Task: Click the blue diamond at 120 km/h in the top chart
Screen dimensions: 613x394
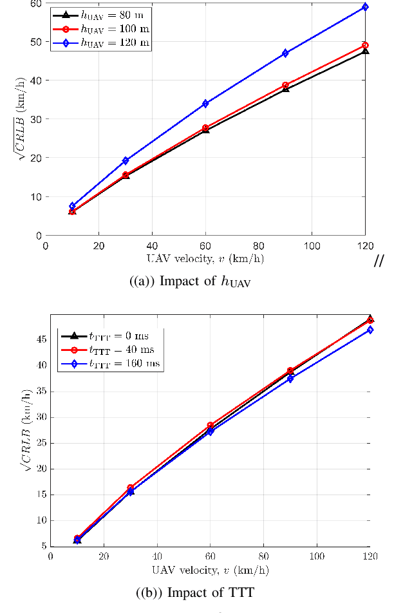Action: [x=365, y=7]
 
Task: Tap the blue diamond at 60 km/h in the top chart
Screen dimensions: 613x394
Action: [x=205, y=104]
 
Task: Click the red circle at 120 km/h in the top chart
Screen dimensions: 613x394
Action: [x=365, y=46]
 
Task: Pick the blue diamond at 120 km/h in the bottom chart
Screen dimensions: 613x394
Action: [x=370, y=330]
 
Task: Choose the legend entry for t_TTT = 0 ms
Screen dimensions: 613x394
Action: [x=111, y=335]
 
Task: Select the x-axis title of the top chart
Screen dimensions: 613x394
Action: [x=205, y=258]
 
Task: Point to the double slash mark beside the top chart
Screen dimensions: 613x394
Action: [x=379, y=261]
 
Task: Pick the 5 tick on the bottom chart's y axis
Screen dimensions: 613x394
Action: [x=43, y=546]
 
